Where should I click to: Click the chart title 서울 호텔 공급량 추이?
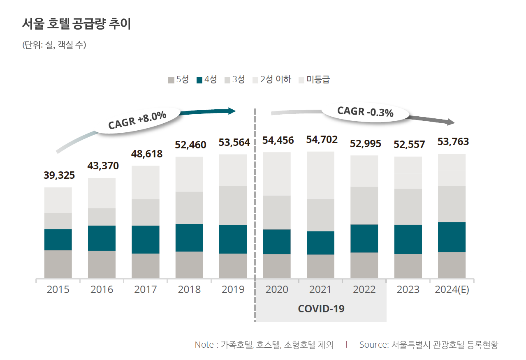click(76, 24)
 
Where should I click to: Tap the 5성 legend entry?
click(178, 80)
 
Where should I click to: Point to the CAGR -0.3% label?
click(365, 111)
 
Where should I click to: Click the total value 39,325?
click(59, 175)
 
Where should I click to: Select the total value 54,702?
click(322, 140)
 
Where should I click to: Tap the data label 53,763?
click(453, 142)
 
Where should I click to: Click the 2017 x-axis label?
click(145, 289)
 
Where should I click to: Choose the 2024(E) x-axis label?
click(452, 289)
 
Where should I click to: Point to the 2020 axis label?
click(277, 289)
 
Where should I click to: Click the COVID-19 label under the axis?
click(321, 308)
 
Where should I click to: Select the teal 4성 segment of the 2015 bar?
click(58, 240)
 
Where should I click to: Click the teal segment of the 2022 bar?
click(364, 238)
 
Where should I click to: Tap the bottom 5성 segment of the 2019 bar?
click(233, 266)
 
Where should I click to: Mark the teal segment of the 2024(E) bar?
click(452, 237)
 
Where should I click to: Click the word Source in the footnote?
click(373, 344)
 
